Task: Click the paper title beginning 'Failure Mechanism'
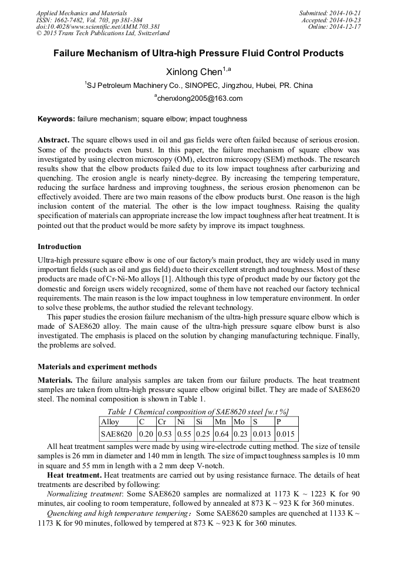point(198,53)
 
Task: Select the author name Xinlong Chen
point(198,71)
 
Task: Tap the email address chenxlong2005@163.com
point(198,98)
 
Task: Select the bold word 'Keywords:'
point(56,119)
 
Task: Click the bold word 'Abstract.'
point(53,141)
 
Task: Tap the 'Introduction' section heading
point(59,246)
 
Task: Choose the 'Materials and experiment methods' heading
point(97,367)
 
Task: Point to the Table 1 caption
point(198,411)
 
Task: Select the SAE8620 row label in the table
point(116,434)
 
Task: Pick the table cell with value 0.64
point(222,434)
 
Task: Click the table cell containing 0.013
point(262,434)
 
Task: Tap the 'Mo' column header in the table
point(239,421)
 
